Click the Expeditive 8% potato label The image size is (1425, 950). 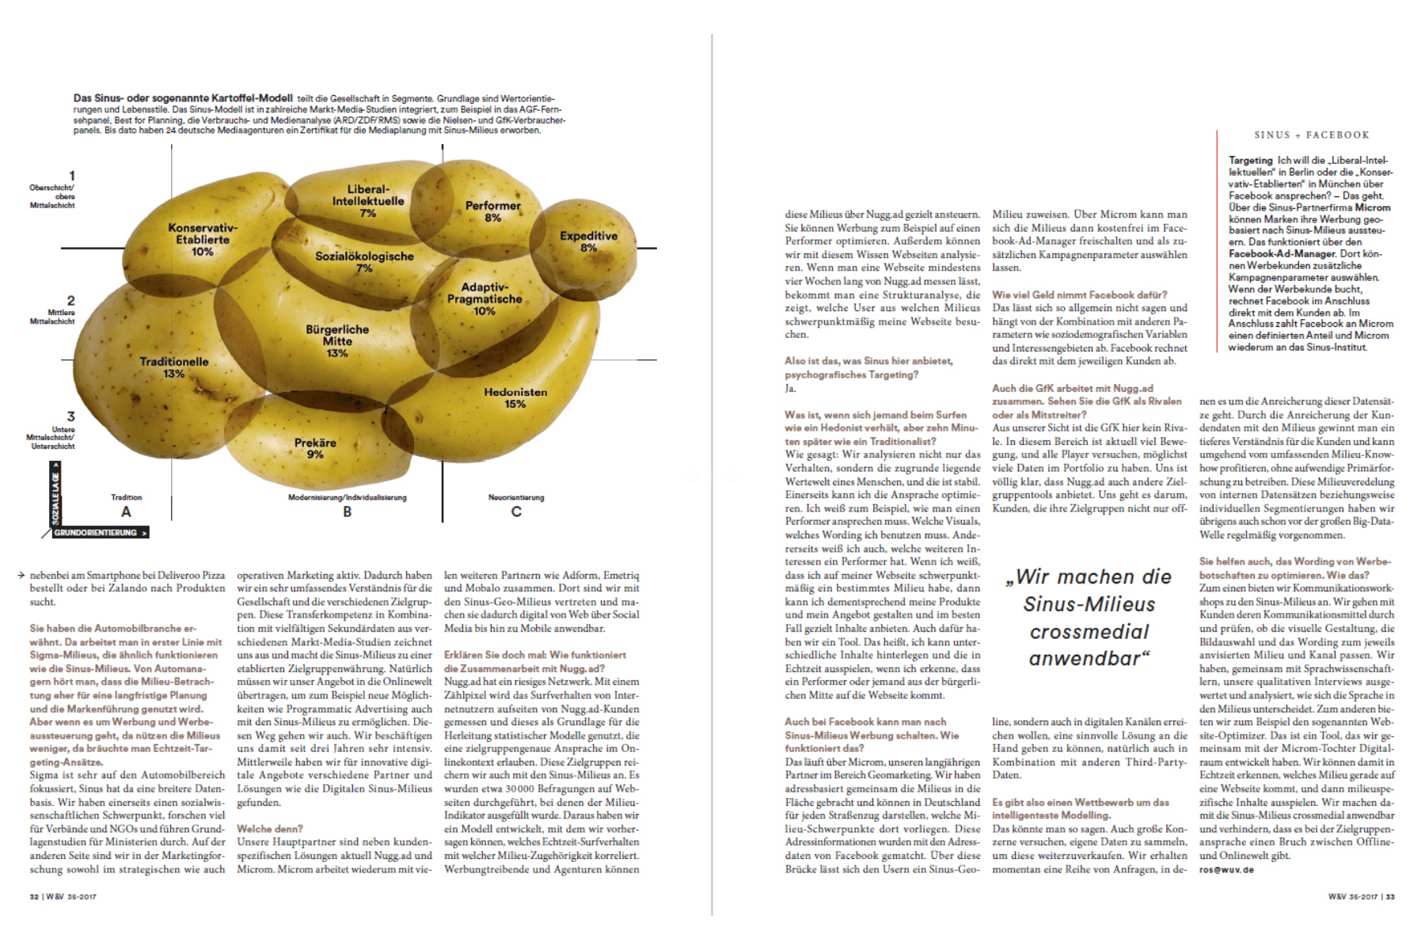click(x=588, y=241)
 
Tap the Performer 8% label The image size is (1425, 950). click(x=492, y=211)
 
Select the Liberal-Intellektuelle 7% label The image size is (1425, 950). click(x=367, y=201)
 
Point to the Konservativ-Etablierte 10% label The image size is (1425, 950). click(x=202, y=239)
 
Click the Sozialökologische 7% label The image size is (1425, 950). click(x=364, y=262)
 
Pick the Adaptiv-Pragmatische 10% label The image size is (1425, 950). click(x=484, y=299)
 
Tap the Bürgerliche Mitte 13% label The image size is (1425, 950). click(x=337, y=340)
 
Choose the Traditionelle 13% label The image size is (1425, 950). click(x=174, y=367)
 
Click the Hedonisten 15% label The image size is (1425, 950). click(x=515, y=397)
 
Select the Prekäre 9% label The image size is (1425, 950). click(x=315, y=448)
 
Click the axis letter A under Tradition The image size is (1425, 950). click(x=126, y=512)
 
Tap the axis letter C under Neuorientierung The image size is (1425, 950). click(x=516, y=512)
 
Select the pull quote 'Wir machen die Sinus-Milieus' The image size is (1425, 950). click(x=1089, y=617)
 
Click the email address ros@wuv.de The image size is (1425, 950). click(x=1226, y=869)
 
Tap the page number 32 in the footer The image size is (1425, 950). click(x=34, y=897)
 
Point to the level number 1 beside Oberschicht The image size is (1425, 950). click(x=72, y=176)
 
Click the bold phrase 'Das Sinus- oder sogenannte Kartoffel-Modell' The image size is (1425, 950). click(x=183, y=98)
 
